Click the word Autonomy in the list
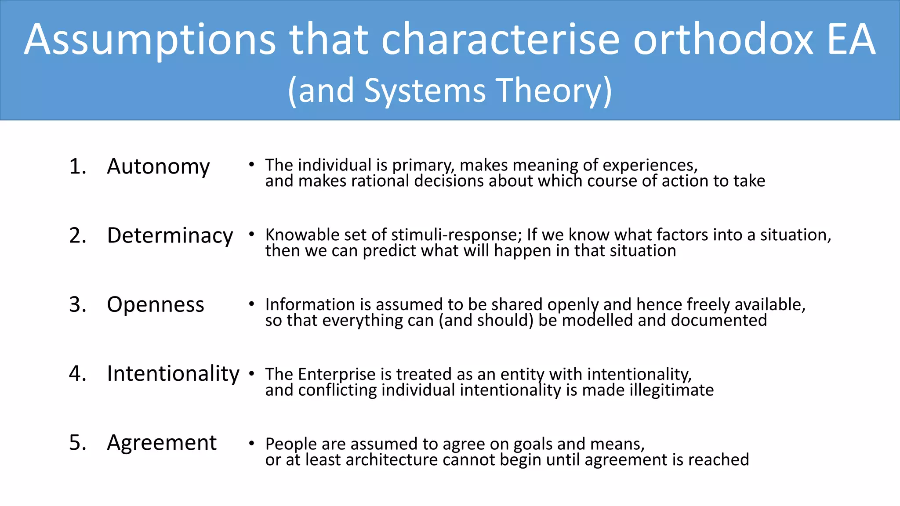pyautogui.click(x=158, y=167)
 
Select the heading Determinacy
pyautogui.click(x=170, y=236)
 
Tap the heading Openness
pyautogui.click(x=156, y=305)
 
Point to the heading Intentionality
pyautogui.click(x=173, y=374)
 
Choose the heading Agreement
pyautogui.click(x=162, y=443)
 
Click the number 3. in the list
pyautogui.click(x=78, y=305)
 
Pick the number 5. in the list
pyautogui.click(x=78, y=443)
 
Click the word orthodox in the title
pyautogui.click(x=723, y=40)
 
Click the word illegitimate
pyautogui.click(x=671, y=390)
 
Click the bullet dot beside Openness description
pyautogui.click(x=251, y=304)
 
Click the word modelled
pyautogui.click(x=597, y=320)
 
